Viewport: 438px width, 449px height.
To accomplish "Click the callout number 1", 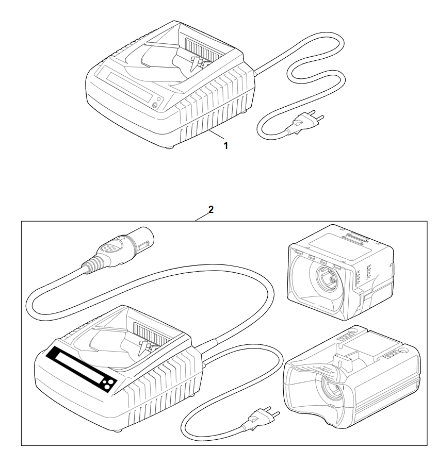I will (x=225, y=145).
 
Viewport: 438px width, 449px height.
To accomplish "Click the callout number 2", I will (x=210, y=210).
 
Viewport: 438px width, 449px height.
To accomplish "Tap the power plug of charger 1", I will (x=305, y=123).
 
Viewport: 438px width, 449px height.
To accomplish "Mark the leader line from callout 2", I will (x=203, y=217).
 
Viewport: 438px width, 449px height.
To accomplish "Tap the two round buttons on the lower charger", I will (x=109, y=384).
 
